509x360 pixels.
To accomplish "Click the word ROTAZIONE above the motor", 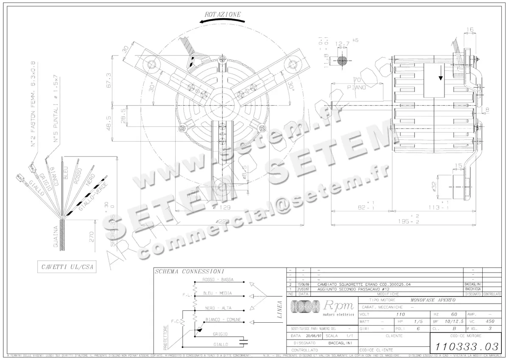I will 222,14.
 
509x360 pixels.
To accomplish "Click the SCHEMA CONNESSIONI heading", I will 189,271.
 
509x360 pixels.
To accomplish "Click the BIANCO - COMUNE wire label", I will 223,319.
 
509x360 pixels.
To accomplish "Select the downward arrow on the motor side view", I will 441,76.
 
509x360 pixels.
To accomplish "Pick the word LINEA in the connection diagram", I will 279,310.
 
